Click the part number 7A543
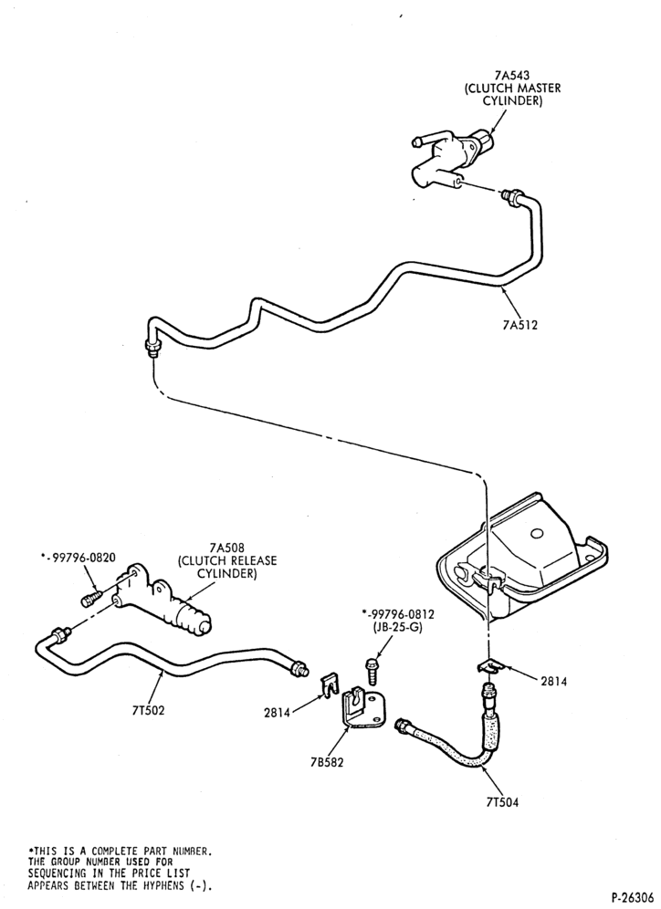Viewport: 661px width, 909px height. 512,76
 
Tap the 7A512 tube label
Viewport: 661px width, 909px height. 520,325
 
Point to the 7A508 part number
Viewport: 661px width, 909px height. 226,547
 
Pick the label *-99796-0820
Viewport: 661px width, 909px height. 78,558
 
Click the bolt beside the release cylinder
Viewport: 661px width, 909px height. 91,597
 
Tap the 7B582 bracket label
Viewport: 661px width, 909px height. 327,762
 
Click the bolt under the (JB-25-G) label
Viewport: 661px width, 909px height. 371,671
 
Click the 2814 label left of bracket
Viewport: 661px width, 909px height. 277,713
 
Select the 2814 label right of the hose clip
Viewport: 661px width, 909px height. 554,682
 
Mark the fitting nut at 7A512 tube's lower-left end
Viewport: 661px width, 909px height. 152,349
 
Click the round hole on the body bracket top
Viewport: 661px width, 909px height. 537,532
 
